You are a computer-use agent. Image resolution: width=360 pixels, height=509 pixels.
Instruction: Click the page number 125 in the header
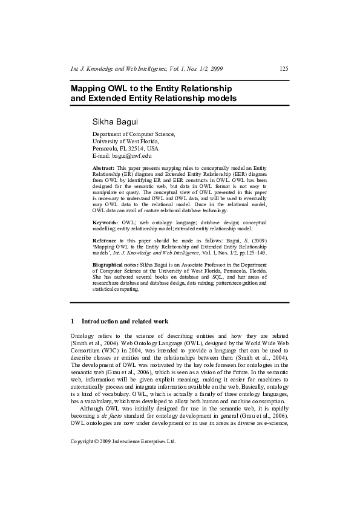pyautogui.click(x=284, y=68)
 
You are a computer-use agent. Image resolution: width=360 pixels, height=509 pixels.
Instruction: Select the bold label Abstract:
pyautogui.click(x=103, y=167)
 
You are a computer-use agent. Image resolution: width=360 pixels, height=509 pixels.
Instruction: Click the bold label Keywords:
pyautogui.click(x=105, y=223)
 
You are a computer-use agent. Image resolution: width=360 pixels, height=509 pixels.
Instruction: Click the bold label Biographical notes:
pyautogui.click(x=115, y=265)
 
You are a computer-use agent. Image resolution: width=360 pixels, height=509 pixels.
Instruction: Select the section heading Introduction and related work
pyautogui.click(x=125, y=321)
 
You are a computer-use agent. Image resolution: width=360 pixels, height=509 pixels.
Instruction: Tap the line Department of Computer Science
pyautogui.click(x=133, y=134)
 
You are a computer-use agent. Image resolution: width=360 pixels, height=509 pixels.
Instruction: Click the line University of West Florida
pyautogui.click(x=126, y=141)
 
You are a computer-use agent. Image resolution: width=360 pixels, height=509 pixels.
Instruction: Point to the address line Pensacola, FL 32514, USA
pyautogui.click(x=125, y=148)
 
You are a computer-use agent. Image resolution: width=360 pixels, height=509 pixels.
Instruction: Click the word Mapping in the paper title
pyautogui.click(x=89, y=88)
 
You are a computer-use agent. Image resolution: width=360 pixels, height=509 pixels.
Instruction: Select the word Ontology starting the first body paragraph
pyautogui.click(x=84, y=336)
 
